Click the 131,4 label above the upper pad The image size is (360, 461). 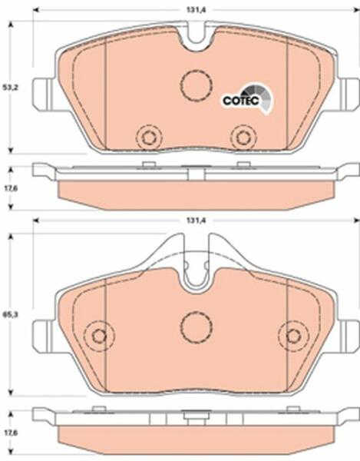tap(196, 9)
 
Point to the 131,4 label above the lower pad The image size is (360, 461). tap(196, 221)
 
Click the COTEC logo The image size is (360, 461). tap(247, 98)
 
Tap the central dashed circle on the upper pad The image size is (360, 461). tap(197, 85)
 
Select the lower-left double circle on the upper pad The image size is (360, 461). tap(149, 137)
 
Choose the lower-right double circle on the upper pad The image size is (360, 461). tap(243, 137)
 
